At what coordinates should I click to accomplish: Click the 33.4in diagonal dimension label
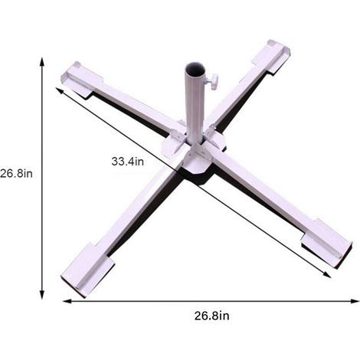(128, 162)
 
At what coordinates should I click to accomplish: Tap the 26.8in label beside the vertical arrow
(16, 174)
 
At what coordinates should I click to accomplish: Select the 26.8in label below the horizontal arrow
(212, 316)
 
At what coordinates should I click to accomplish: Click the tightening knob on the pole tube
(212, 81)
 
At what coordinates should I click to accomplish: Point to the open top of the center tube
(195, 70)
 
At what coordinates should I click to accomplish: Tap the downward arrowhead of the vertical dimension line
(42, 295)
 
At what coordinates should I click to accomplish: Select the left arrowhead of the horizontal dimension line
(67, 301)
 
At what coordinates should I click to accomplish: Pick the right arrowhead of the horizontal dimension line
(355, 301)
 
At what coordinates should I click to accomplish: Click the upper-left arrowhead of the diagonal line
(59, 90)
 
